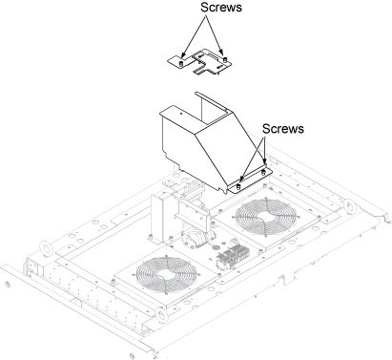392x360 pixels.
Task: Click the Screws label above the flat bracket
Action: click(221, 7)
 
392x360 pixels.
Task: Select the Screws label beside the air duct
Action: click(283, 129)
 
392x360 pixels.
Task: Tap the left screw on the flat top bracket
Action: click(181, 62)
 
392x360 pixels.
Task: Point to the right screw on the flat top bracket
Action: click(225, 59)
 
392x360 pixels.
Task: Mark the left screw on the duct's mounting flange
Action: click(239, 186)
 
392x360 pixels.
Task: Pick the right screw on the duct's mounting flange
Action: click(263, 172)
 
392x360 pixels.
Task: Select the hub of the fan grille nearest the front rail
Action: click(165, 275)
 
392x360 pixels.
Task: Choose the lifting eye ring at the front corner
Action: click(161, 315)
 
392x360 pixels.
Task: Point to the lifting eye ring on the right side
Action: click(349, 206)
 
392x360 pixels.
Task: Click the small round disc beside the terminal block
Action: click(216, 247)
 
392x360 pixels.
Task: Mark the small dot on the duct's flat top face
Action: click(181, 113)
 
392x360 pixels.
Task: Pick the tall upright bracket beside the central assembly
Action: click(158, 218)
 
